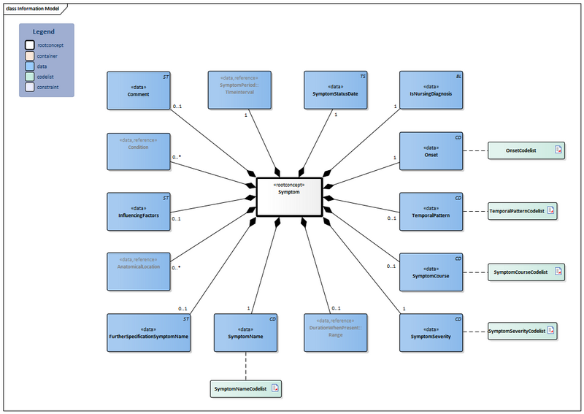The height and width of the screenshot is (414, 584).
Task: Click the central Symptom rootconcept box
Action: point(288,197)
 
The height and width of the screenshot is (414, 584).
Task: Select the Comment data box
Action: point(139,91)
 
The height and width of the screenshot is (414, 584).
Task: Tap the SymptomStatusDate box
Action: point(335,91)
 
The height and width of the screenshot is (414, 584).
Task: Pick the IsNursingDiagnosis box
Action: point(431,91)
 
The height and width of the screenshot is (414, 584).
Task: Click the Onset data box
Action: point(431,151)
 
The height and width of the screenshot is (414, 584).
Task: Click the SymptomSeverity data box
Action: point(431,333)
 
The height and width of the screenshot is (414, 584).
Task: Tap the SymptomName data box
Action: point(246,333)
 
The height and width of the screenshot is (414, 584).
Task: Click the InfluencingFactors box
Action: point(139,212)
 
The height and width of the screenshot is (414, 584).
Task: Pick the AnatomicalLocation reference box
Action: point(139,272)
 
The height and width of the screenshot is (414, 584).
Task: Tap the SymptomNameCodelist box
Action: point(245,388)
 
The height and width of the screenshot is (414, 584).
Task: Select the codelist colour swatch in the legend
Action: point(29,77)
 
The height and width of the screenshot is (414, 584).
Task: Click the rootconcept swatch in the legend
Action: point(29,45)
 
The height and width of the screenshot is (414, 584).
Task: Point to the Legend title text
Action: point(44,32)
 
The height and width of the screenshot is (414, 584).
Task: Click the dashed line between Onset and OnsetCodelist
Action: point(474,151)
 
